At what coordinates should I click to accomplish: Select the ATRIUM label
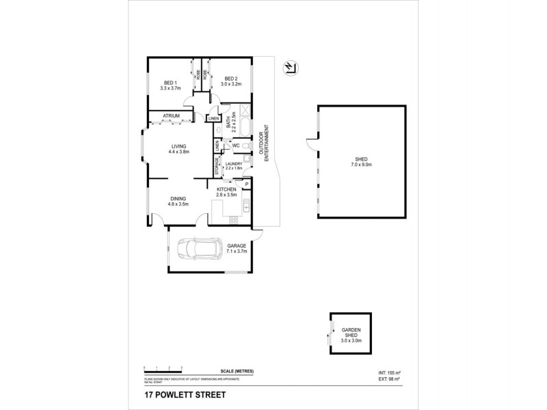(172, 115)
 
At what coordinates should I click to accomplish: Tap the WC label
(235, 146)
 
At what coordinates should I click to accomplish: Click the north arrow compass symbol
(291, 66)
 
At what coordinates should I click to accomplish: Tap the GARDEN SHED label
(351, 333)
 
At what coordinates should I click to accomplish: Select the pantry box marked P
(245, 183)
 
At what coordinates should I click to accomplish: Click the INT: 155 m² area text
(390, 372)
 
